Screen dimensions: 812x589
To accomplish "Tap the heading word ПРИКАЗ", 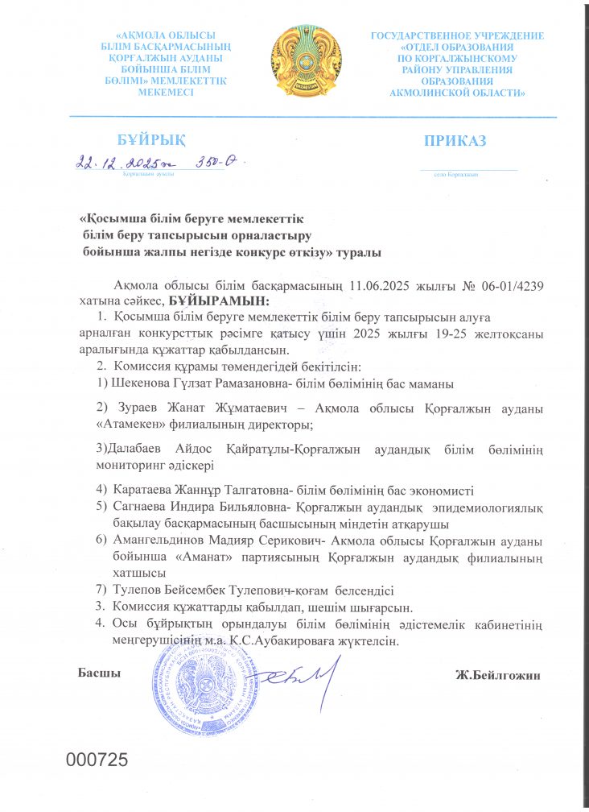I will [x=455, y=141].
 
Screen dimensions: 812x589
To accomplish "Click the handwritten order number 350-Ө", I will [x=217, y=162].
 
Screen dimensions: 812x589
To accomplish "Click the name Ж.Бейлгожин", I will [x=497, y=674].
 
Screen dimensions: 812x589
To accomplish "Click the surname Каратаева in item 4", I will [x=142, y=490].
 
